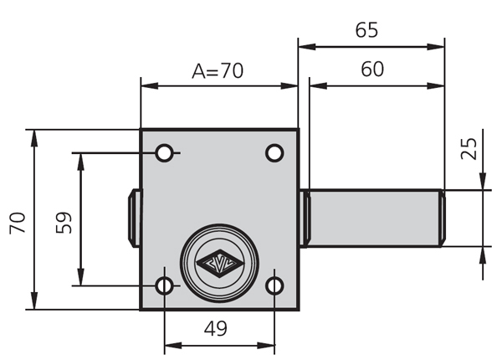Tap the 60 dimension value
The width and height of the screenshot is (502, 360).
[372, 70]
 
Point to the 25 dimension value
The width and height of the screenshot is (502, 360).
[469, 149]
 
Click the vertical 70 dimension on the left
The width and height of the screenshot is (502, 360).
[18, 222]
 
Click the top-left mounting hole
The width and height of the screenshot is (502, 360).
[165, 153]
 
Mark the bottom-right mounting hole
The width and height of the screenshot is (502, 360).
[274, 286]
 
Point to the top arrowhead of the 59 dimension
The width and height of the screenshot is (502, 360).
[81, 159]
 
